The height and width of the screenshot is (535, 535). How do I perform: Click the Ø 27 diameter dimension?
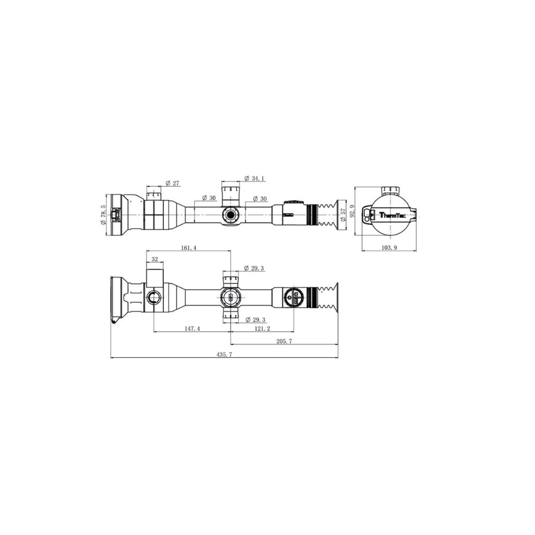(172, 183)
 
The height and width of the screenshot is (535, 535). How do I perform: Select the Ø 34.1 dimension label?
(255, 178)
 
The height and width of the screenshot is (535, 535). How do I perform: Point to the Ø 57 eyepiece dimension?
(343, 215)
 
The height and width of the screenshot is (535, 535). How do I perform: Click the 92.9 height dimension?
(353, 211)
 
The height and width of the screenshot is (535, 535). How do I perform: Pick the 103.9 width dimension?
(389, 248)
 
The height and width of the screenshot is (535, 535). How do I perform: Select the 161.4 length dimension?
(188, 248)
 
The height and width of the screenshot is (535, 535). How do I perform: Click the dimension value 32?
(155, 259)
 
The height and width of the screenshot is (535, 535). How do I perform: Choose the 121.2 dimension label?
(262, 328)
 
